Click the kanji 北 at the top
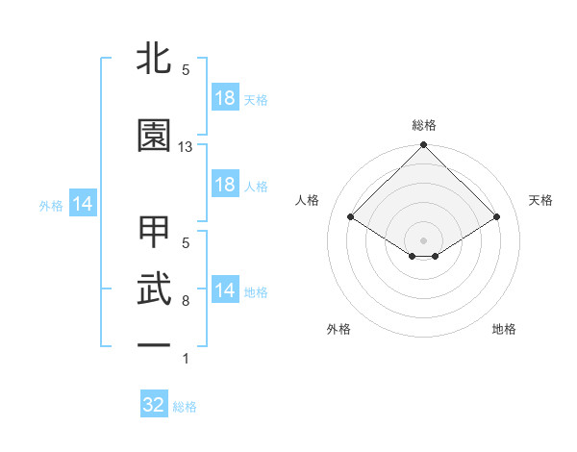pyautogui.click(x=154, y=57)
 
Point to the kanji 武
pyautogui.click(x=154, y=288)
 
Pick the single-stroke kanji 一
pyautogui.click(x=154, y=343)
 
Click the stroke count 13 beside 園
pyautogui.click(x=186, y=147)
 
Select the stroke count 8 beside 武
pyautogui.click(x=186, y=301)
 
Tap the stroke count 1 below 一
pyautogui.click(x=186, y=359)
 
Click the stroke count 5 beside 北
pyautogui.click(x=186, y=70)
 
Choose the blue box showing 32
pyautogui.click(x=154, y=405)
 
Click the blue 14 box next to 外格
pyautogui.click(x=82, y=204)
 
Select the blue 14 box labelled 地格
pyautogui.click(x=225, y=290)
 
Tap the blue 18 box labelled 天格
pyautogui.click(x=225, y=98)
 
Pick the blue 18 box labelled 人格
pyautogui.click(x=225, y=185)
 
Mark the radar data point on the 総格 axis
pyautogui.click(x=423, y=145)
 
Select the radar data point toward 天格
pyautogui.click(x=496, y=216)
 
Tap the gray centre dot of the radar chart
pyautogui.click(x=423, y=239)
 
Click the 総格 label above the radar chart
pyautogui.click(x=423, y=125)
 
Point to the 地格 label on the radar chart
pyautogui.click(x=504, y=329)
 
